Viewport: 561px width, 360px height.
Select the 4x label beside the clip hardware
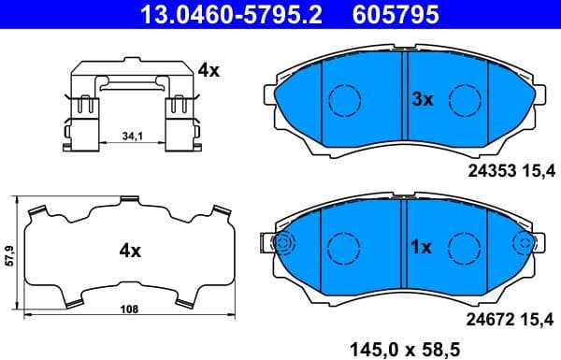pos(208,70)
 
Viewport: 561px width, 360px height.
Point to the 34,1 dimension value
pos(132,137)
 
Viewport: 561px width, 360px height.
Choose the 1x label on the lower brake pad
pos(421,248)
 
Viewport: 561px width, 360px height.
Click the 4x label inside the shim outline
pos(129,251)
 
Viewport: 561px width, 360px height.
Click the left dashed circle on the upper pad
pos(345,97)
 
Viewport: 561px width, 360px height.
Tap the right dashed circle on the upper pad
pos(464,97)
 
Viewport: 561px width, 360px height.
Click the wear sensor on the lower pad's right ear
pos(525,244)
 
